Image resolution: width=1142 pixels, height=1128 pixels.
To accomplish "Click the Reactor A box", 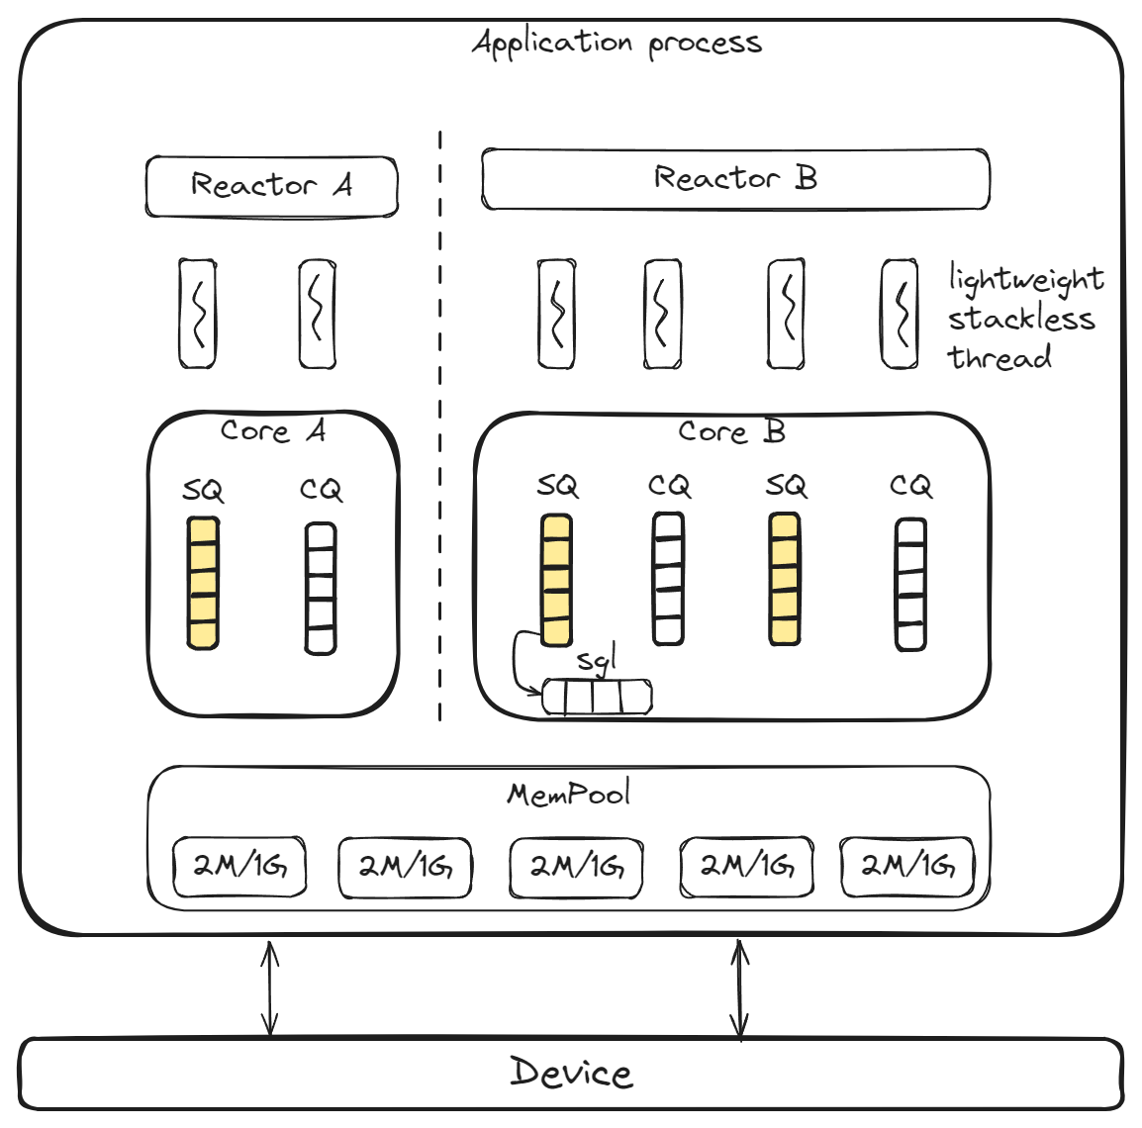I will click(x=271, y=186).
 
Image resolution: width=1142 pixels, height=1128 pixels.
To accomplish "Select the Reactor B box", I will click(x=734, y=179).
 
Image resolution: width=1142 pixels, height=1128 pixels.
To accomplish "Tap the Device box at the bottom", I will click(x=570, y=1074).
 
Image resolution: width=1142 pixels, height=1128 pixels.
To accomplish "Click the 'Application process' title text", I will click(x=617, y=44).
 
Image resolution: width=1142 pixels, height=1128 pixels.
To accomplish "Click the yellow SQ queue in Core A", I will click(x=203, y=583).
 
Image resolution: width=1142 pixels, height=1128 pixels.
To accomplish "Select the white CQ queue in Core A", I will click(x=320, y=588).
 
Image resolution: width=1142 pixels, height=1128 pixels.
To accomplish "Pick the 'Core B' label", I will click(x=731, y=432).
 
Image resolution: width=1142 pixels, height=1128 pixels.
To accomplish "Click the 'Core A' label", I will click(x=272, y=431).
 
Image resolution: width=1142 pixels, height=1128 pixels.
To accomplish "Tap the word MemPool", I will click(x=568, y=794).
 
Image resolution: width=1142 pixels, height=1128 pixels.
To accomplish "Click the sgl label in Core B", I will click(x=597, y=660).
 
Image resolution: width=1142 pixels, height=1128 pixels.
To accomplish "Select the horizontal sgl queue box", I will click(x=597, y=698).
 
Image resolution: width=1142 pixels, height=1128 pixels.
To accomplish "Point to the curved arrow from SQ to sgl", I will click(x=518, y=663).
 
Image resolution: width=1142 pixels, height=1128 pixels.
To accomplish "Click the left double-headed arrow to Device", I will click(x=269, y=987).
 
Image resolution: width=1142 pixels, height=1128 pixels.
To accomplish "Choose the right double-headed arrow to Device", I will click(x=739, y=988).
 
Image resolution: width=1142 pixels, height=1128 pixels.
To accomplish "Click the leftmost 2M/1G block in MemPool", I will click(x=239, y=867).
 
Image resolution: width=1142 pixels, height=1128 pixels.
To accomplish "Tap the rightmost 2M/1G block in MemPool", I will click(x=906, y=866).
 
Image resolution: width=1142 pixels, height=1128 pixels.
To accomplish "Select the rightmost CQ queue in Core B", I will click(x=910, y=584).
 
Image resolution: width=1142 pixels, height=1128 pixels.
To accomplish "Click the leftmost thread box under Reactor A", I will click(x=198, y=314).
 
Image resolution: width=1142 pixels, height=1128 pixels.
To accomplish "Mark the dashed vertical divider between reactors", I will click(x=439, y=425).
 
